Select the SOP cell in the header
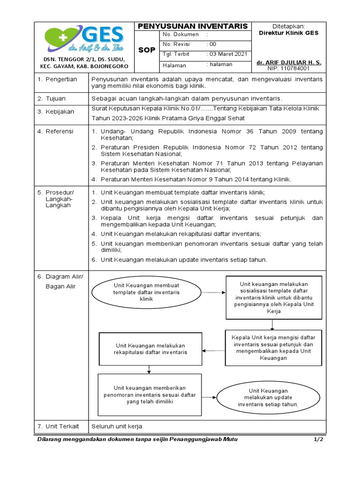(x=146, y=50)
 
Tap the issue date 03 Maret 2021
(x=228, y=54)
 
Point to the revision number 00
(x=213, y=44)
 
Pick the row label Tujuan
(x=55, y=98)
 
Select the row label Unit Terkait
(x=62, y=426)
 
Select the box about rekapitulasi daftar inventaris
(x=150, y=349)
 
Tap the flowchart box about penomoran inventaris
(x=150, y=395)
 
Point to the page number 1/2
(x=318, y=439)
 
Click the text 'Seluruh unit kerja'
(x=117, y=426)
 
